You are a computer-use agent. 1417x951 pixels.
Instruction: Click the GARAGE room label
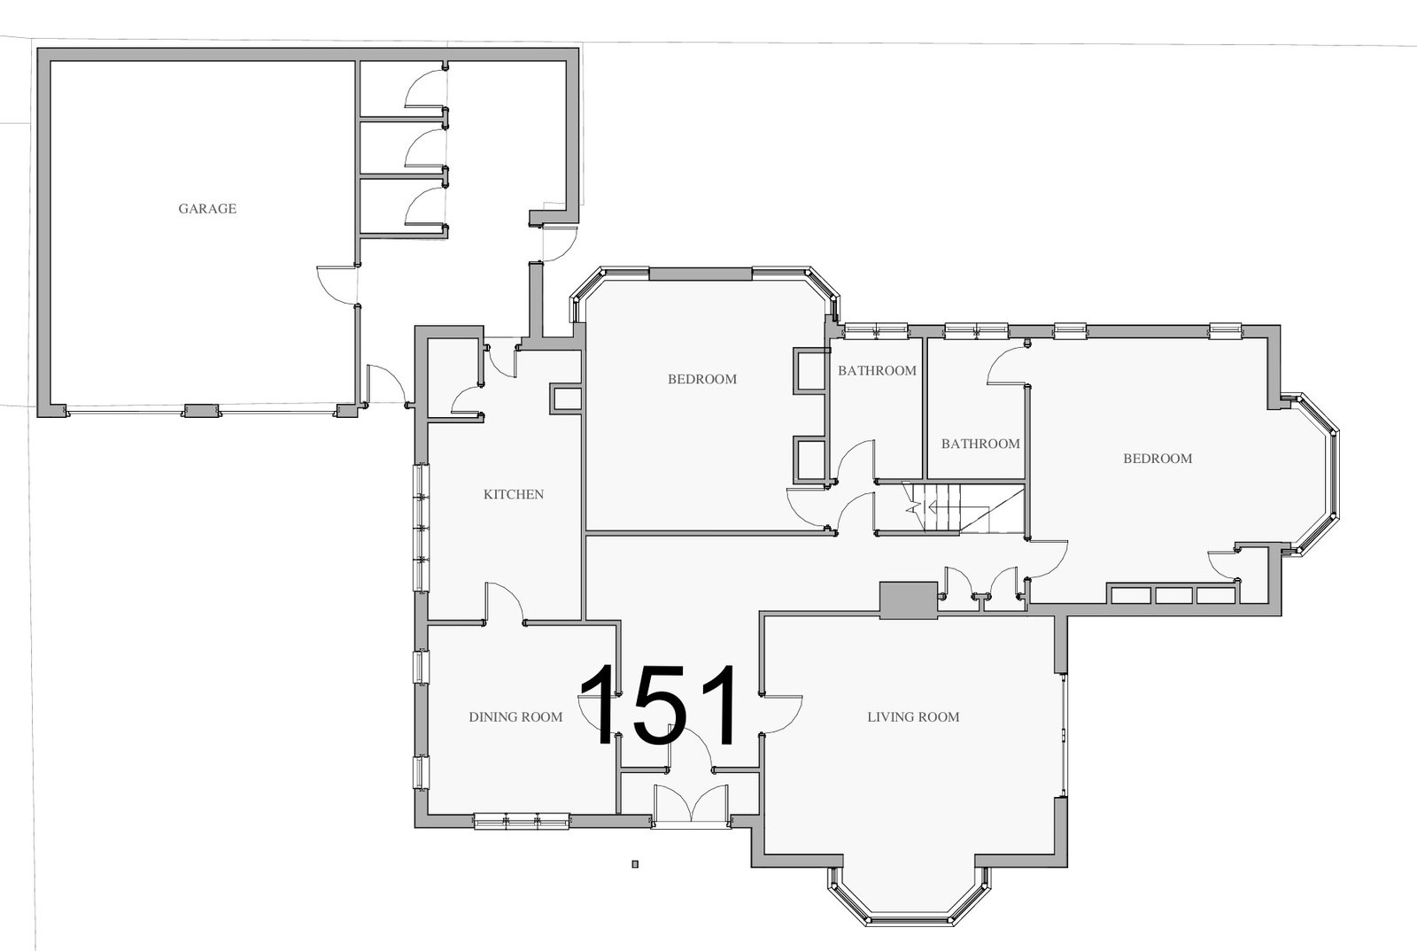pyautogui.click(x=207, y=209)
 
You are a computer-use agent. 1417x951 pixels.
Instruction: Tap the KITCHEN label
pyautogui.click(x=514, y=494)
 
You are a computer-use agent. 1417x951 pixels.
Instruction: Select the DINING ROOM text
pyautogui.click(x=515, y=717)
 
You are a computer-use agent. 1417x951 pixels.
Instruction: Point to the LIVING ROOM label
pyautogui.click(x=913, y=717)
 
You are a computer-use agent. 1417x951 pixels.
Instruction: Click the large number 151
pyautogui.click(x=659, y=705)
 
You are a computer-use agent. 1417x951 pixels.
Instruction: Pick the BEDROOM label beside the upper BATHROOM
pyautogui.click(x=702, y=379)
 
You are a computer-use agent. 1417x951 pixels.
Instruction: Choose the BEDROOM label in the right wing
pyautogui.click(x=1158, y=459)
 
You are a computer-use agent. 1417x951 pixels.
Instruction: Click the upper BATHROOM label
pyautogui.click(x=877, y=371)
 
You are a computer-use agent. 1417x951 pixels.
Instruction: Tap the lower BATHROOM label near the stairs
pyautogui.click(x=980, y=444)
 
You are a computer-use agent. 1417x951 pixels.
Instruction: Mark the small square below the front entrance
pyautogui.click(x=635, y=864)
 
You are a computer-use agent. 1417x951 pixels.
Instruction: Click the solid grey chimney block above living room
pyautogui.click(x=909, y=599)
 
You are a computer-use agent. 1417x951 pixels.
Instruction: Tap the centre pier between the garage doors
pyautogui.click(x=200, y=410)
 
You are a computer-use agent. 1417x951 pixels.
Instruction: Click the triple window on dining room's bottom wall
pyautogui.click(x=522, y=821)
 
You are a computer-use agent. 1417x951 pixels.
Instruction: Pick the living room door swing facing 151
pyautogui.click(x=780, y=715)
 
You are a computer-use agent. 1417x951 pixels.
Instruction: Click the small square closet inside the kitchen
pyautogui.click(x=566, y=399)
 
